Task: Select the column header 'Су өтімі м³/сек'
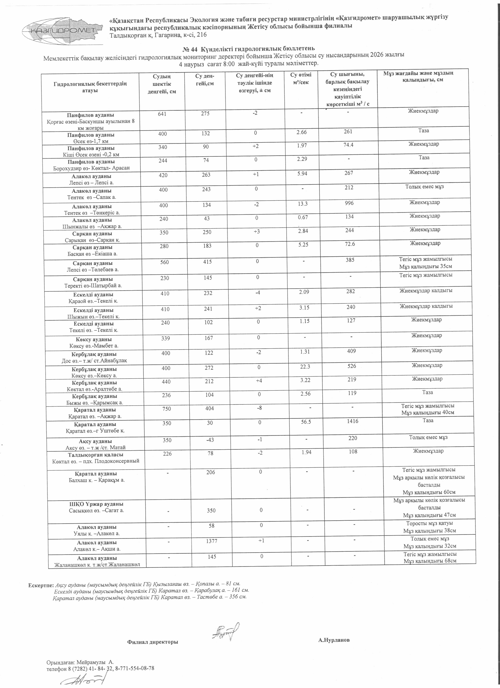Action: click(300, 78)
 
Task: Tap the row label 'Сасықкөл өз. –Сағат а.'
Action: click(95, 510)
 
